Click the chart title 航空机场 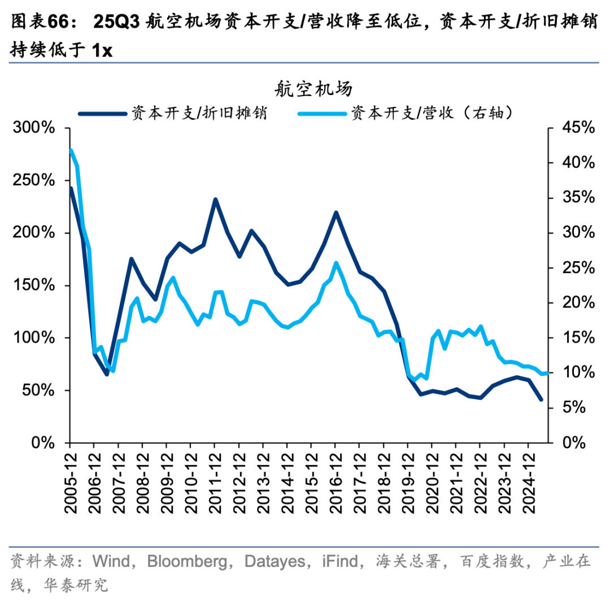[314, 89]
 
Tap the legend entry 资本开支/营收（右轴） [432, 113]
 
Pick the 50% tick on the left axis [38, 391]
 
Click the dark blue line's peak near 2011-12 [215, 200]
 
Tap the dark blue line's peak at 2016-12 [335, 213]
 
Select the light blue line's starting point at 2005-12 [71, 150]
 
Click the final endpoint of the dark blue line [541, 400]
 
